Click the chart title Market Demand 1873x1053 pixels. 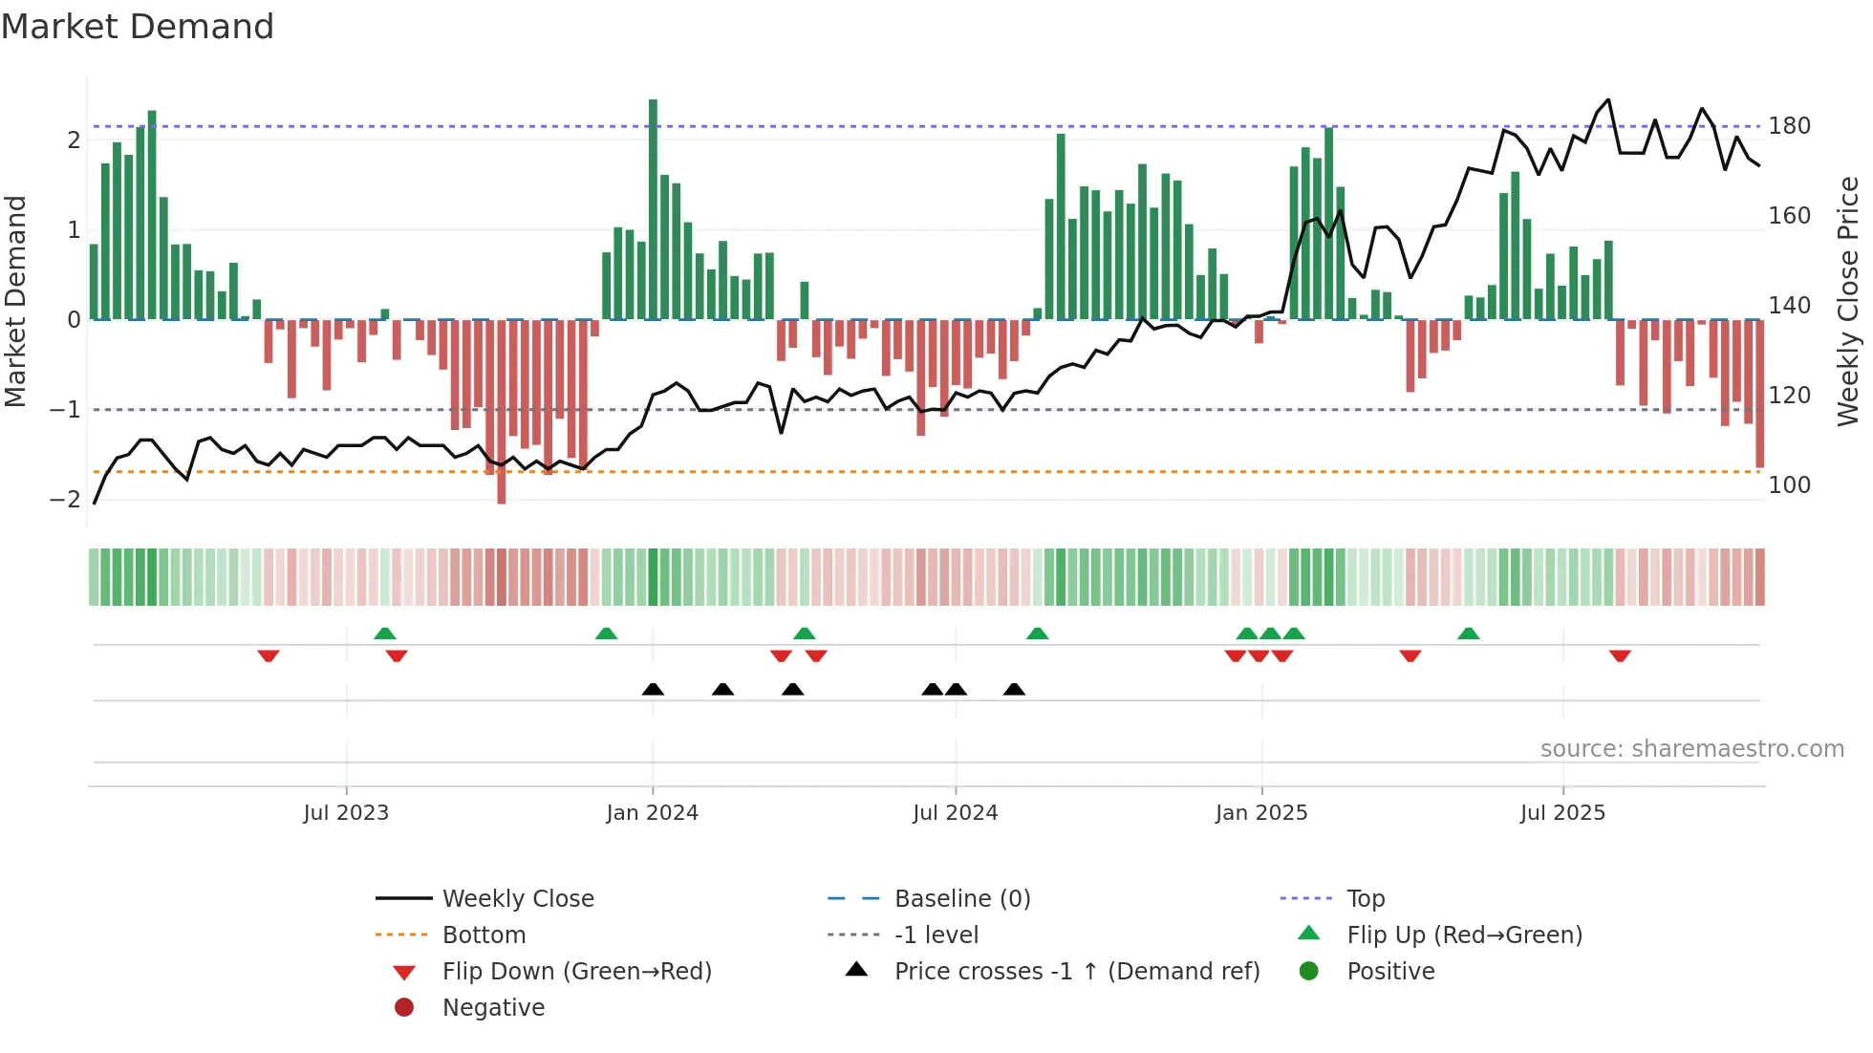click(x=138, y=27)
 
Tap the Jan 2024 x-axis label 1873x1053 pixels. click(x=652, y=813)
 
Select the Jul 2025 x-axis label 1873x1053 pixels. click(x=1562, y=813)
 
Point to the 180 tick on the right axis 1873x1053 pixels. click(x=1789, y=126)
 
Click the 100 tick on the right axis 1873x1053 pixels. click(x=1789, y=485)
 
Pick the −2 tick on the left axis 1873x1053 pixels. click(x=65, y=500)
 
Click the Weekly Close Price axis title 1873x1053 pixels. click(x=1848, y=301)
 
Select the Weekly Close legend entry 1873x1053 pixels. click(x=517, y=899)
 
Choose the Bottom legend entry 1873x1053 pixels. click(x=484, y=935)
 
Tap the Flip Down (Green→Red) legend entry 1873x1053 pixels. click(x=576, y=972)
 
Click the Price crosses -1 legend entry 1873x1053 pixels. click(x=1076, y=972)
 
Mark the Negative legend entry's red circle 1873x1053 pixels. click(x=404, y=1008)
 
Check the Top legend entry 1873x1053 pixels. click(x=1365, y=899)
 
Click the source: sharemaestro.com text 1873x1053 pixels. click(x=1691, y=749)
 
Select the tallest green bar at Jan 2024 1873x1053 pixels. click(x=653, y=210)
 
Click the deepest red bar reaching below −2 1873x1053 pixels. click(x=501, y=411)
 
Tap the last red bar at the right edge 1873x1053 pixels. click(x=1759, y=394)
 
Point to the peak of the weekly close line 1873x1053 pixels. click(x=1608, y=100)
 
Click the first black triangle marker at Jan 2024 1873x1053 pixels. click(x=653, y=689)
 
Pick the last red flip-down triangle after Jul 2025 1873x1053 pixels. click(x=1620, y=655)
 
